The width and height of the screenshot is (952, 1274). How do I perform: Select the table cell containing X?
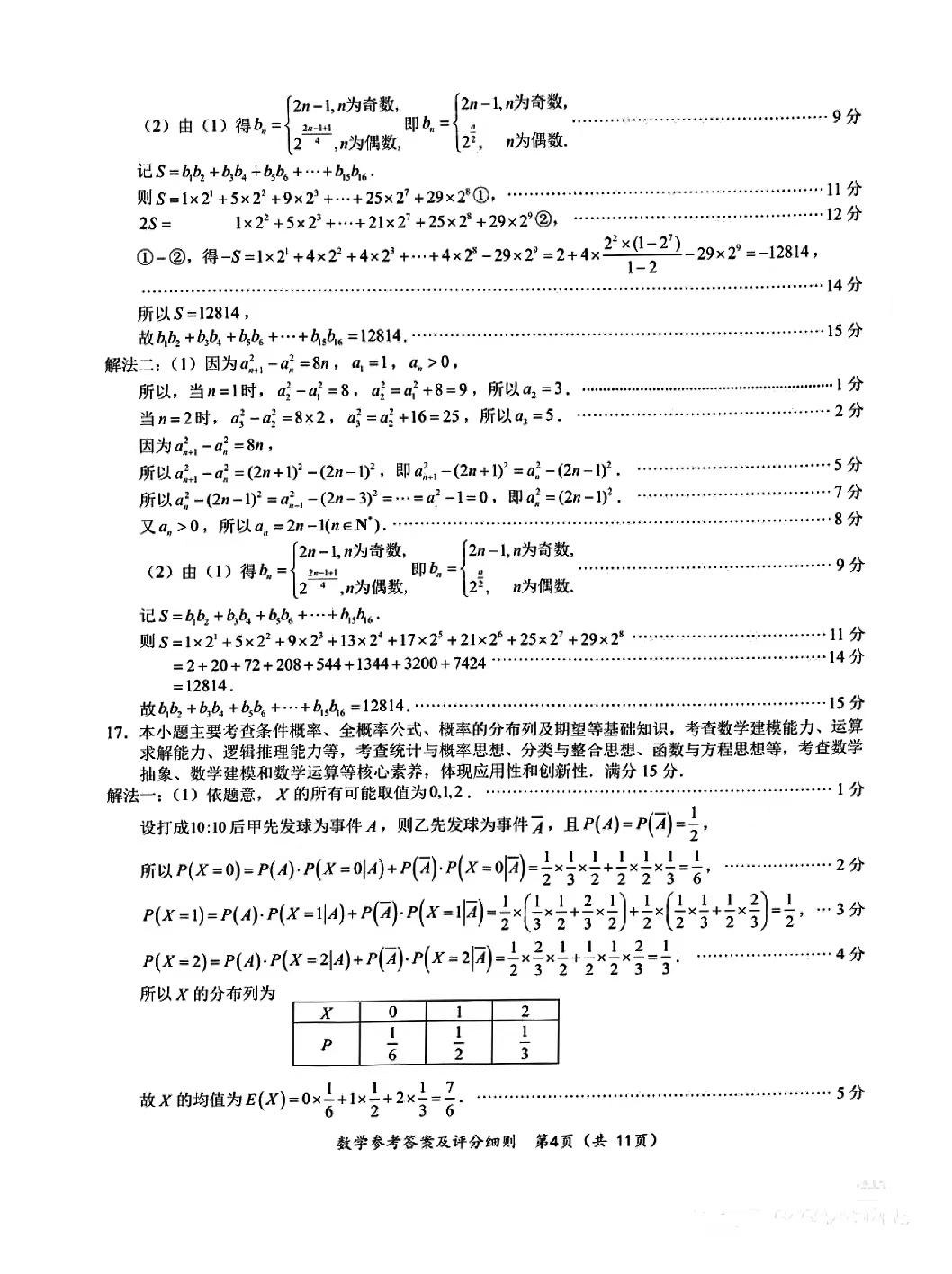(x=326, y=1011)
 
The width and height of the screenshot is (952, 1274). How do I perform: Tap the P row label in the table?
(x=326, y=1045)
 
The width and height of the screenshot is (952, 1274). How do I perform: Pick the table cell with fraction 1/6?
(x=392, y=1045)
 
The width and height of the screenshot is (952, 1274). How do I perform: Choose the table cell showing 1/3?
(x=525, y=1045)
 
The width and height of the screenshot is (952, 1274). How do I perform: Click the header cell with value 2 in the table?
(x=525, y=1011)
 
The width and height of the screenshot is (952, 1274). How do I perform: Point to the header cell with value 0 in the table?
(x=392, y=1011)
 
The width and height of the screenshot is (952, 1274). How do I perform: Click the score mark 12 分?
(x=845, y=214)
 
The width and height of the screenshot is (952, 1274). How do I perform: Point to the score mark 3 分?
(x=849, y=909)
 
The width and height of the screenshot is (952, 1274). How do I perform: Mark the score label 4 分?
(x=849, y=954)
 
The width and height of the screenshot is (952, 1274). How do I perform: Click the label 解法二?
(x=135, y=363)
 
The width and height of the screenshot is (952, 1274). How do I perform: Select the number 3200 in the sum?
(x=414, y=664)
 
